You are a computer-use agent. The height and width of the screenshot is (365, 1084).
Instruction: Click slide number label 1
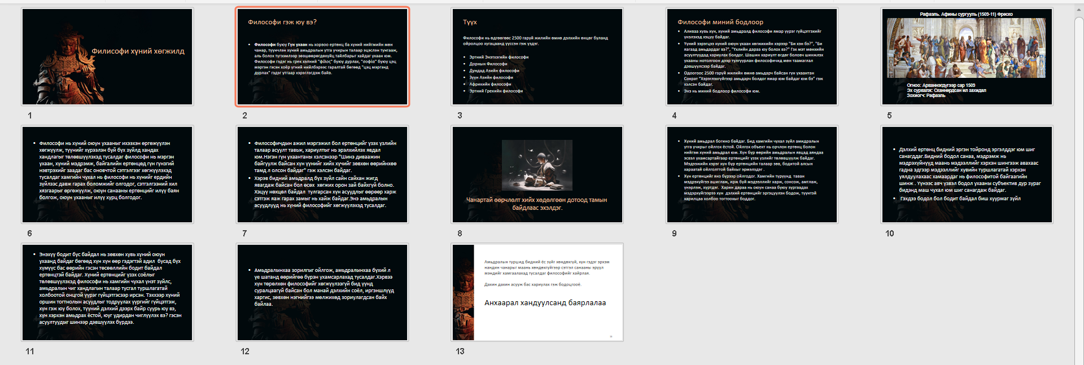click(30, 116)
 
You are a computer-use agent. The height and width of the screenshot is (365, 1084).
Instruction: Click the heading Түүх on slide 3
click(470, 23)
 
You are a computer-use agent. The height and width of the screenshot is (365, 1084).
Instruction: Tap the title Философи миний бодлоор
click(720, 22)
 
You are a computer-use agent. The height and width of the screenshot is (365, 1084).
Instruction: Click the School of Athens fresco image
click(966, 48)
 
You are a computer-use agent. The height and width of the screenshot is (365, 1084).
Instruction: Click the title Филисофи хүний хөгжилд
click(138, 51)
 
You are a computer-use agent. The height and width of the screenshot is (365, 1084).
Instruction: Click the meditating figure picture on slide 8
click(537, 165)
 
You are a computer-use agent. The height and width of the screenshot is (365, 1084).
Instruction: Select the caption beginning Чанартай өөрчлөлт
click(536, 204)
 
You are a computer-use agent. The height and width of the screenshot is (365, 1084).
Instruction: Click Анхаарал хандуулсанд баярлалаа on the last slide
click(545, 303)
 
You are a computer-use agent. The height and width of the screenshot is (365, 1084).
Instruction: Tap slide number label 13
click(460, 351)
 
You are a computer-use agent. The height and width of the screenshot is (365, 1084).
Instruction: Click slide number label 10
click(890, 234)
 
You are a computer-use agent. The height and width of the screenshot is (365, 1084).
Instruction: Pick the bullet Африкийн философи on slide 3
click(490, 84)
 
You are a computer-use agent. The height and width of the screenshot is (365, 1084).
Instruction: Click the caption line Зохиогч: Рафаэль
click(926, 95)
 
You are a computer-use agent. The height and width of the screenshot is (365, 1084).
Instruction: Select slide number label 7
click(244, 234)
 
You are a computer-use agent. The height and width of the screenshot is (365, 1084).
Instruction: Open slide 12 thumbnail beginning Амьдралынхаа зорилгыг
click(322, 292)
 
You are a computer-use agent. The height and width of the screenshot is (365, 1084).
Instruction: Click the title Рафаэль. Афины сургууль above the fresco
click(966, 14)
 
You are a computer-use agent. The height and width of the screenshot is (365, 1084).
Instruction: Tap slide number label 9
click(674, 234)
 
